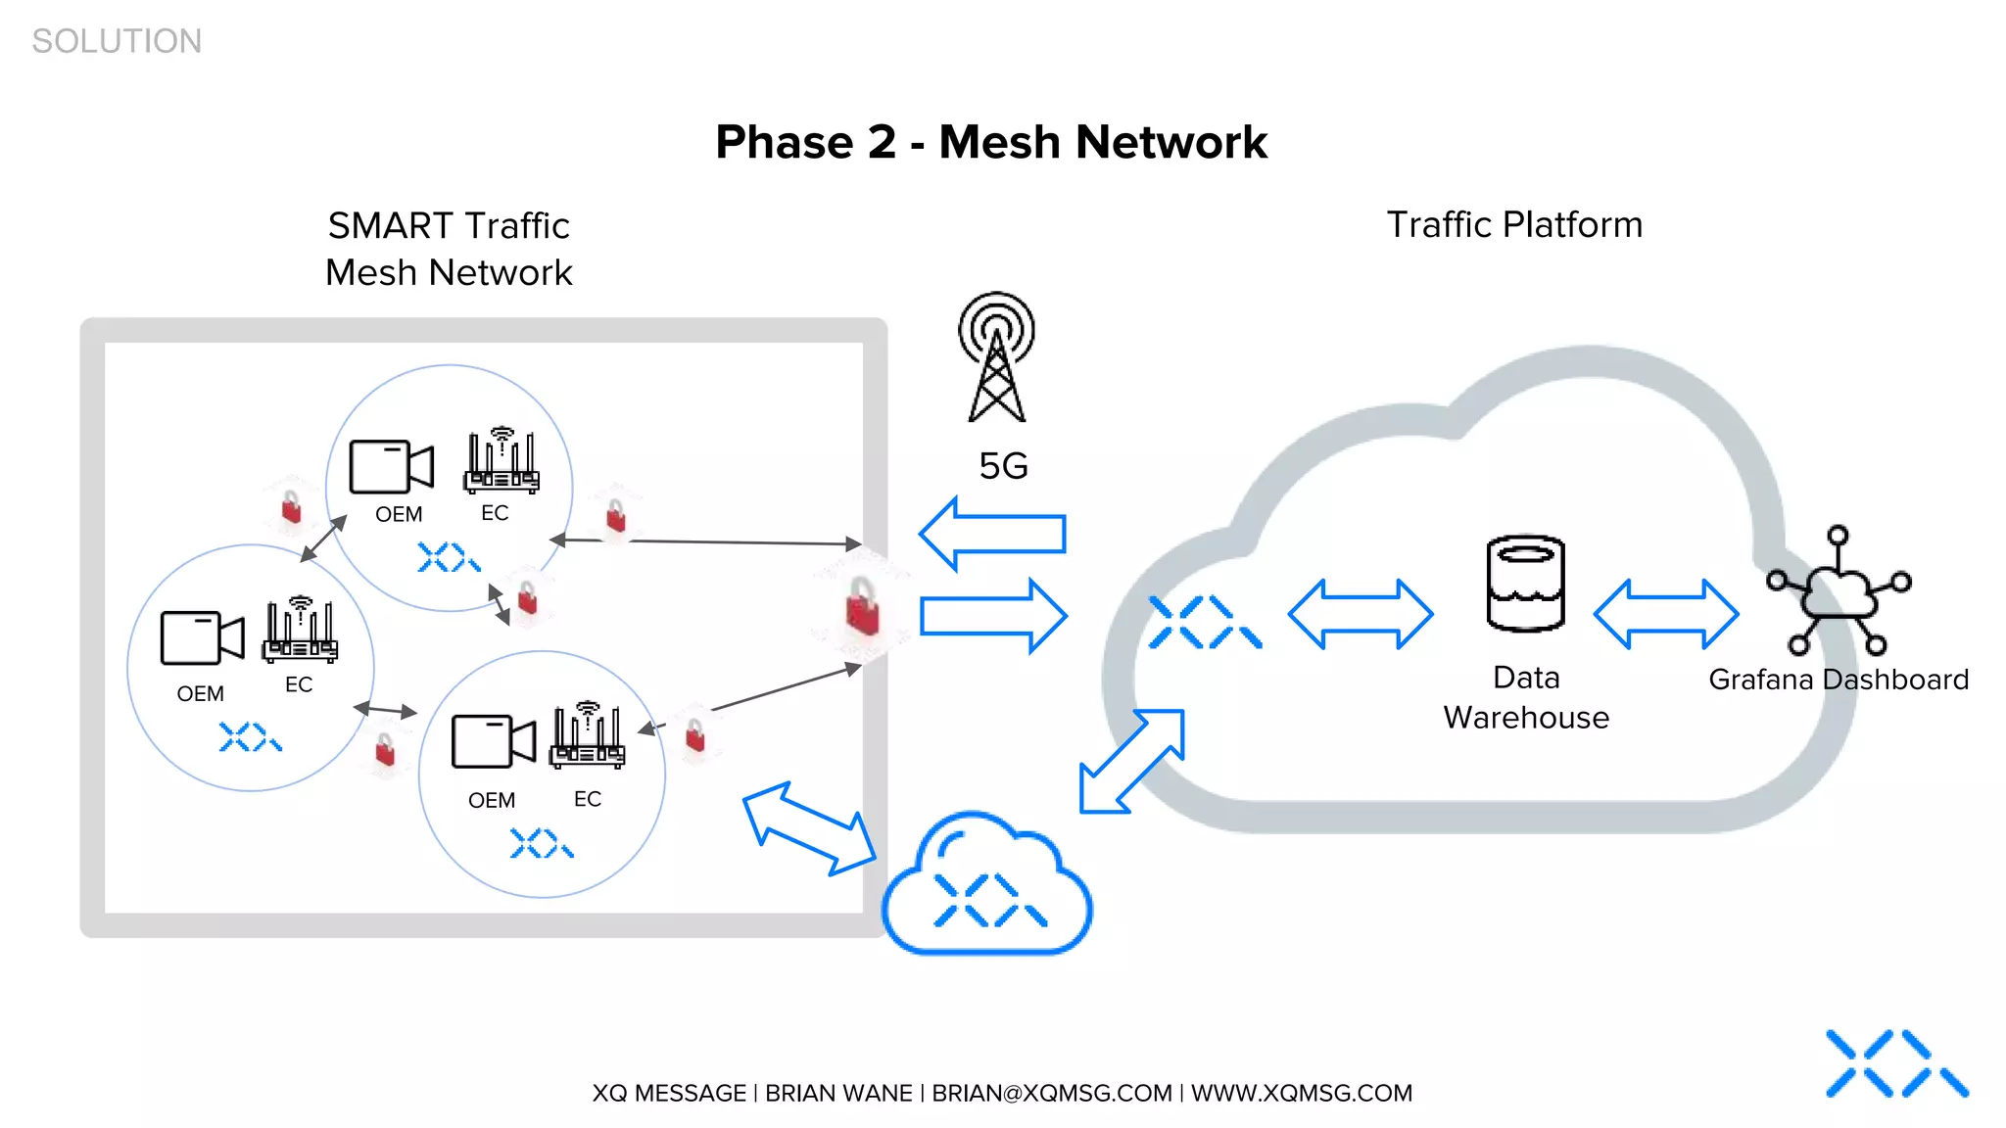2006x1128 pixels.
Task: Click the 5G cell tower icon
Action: [996, 358]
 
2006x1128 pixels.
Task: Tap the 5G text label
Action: [1003, 466]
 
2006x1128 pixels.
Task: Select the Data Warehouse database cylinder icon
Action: [1525, 584]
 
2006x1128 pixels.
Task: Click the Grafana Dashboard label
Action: [1838, 680]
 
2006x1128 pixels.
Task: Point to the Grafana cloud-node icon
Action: [1839, 591]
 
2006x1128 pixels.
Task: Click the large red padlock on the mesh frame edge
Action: [862, 606]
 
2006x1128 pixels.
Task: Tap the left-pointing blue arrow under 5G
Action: [992, 534]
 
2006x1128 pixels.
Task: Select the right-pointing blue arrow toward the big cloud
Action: [993, 616]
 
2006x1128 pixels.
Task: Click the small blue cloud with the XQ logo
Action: [987, 886]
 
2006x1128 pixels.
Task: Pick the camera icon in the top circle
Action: [391, 466]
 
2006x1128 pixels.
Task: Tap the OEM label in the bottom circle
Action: [491, 800]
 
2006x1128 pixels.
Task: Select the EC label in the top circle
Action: [495, 513]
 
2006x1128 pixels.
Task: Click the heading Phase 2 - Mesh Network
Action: [991, 142]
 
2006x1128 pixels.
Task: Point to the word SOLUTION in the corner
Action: [117, 41]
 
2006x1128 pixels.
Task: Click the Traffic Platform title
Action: [1514, 224]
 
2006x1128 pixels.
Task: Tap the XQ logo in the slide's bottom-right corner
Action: [1896, 1063]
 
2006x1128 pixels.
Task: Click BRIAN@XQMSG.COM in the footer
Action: [1051, 1093]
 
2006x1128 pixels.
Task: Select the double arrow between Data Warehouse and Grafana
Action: [1666, 614]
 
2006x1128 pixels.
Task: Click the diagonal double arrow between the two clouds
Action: [1131, 762]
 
